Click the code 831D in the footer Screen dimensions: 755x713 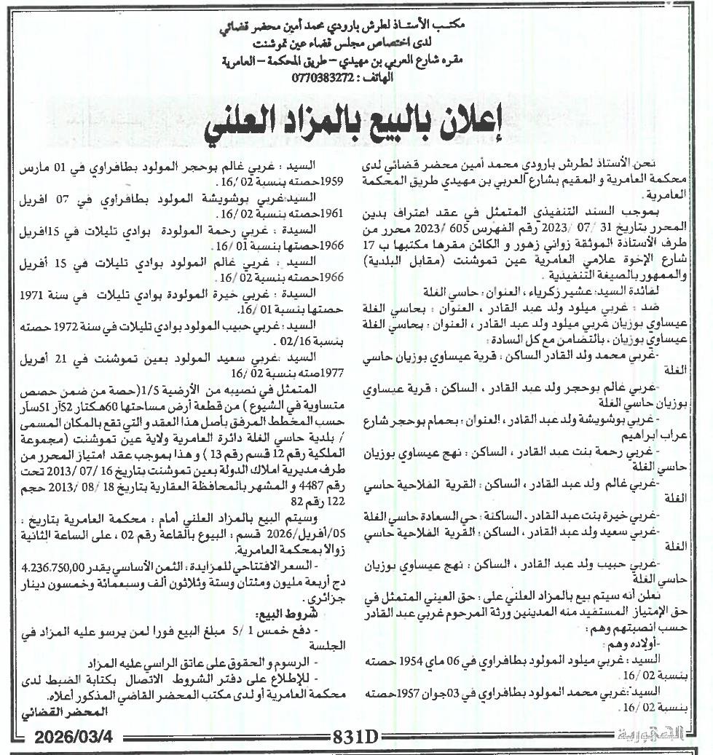356,738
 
